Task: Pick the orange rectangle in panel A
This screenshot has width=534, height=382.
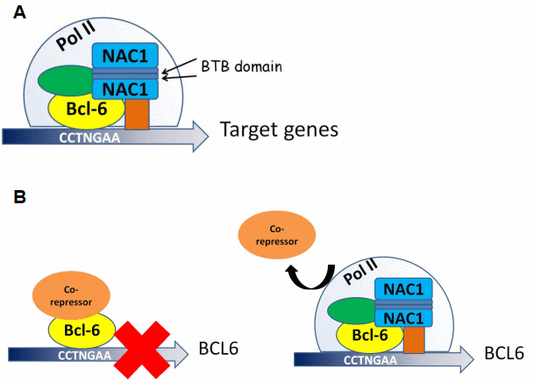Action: pos(136,115)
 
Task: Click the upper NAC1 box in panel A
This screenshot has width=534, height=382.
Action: pos(125,56)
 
